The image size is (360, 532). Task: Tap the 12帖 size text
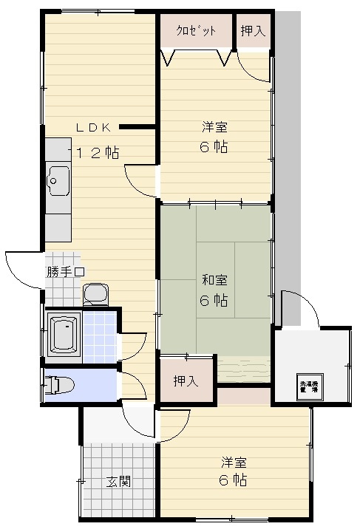(x=98, y=153)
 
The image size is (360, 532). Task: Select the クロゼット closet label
(x=196, y=30)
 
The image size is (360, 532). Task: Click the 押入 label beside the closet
(x=253, y=30)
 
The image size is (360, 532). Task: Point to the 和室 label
(x=214, y=280)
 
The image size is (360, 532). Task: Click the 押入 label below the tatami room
(x=186, y=381)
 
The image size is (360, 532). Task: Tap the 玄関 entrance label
(x=118, y=482)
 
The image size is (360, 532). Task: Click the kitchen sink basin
(x=58, y=179)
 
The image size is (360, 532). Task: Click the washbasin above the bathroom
(x=95, y=295)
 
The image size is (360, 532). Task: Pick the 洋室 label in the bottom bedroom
(x=233, y=463)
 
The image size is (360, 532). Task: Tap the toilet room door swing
(x=131, y=385)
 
